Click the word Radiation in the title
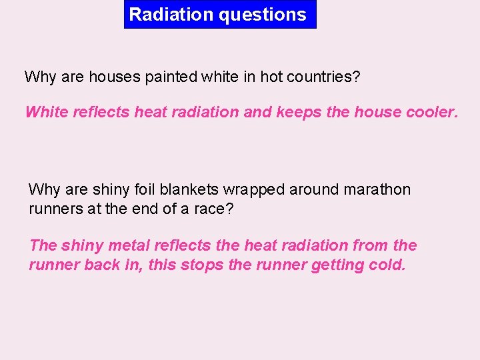pyautogui.click(x=160, y=15)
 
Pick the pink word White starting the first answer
pyautogui.click(x=43, y=112)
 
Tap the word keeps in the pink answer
pyautogui.click(x=299, y=112)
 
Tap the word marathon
pyautogui.click(x=377, y=189)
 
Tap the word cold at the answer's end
pyautogui.click(x=387, y=265)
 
